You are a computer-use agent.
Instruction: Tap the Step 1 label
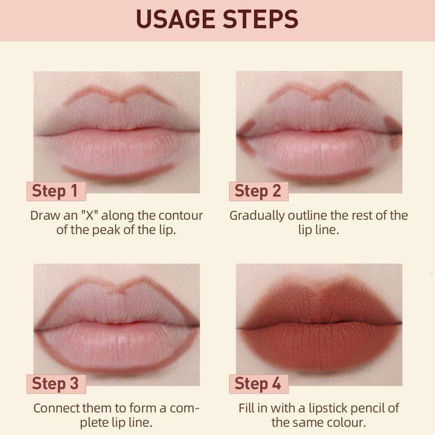pos(55,191)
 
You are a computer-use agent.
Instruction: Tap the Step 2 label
pos(258,191)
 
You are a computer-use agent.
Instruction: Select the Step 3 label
pos(55,384)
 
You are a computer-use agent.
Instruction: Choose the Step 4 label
pos(258,384)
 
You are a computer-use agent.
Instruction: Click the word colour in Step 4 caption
pos(347,422)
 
